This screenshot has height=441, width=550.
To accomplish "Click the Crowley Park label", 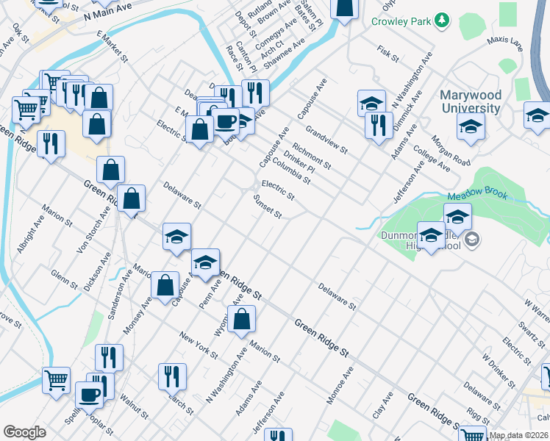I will point(400,21).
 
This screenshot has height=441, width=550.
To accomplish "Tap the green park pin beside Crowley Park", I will point(442,19).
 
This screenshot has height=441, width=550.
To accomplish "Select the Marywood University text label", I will point(471,101).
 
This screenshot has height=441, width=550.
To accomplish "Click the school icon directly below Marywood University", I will point(470,126).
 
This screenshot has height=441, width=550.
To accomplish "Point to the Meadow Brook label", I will point(478,197).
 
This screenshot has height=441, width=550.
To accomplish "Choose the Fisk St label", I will point(387,54).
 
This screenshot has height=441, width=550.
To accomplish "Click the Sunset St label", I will point(268,207).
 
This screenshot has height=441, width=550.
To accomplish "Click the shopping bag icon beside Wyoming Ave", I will point(241,320).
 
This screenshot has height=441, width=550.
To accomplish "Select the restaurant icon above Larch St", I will point(172,376).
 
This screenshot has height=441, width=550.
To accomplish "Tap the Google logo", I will point(24,432).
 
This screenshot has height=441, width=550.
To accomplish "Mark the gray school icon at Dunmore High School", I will point(472,240).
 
